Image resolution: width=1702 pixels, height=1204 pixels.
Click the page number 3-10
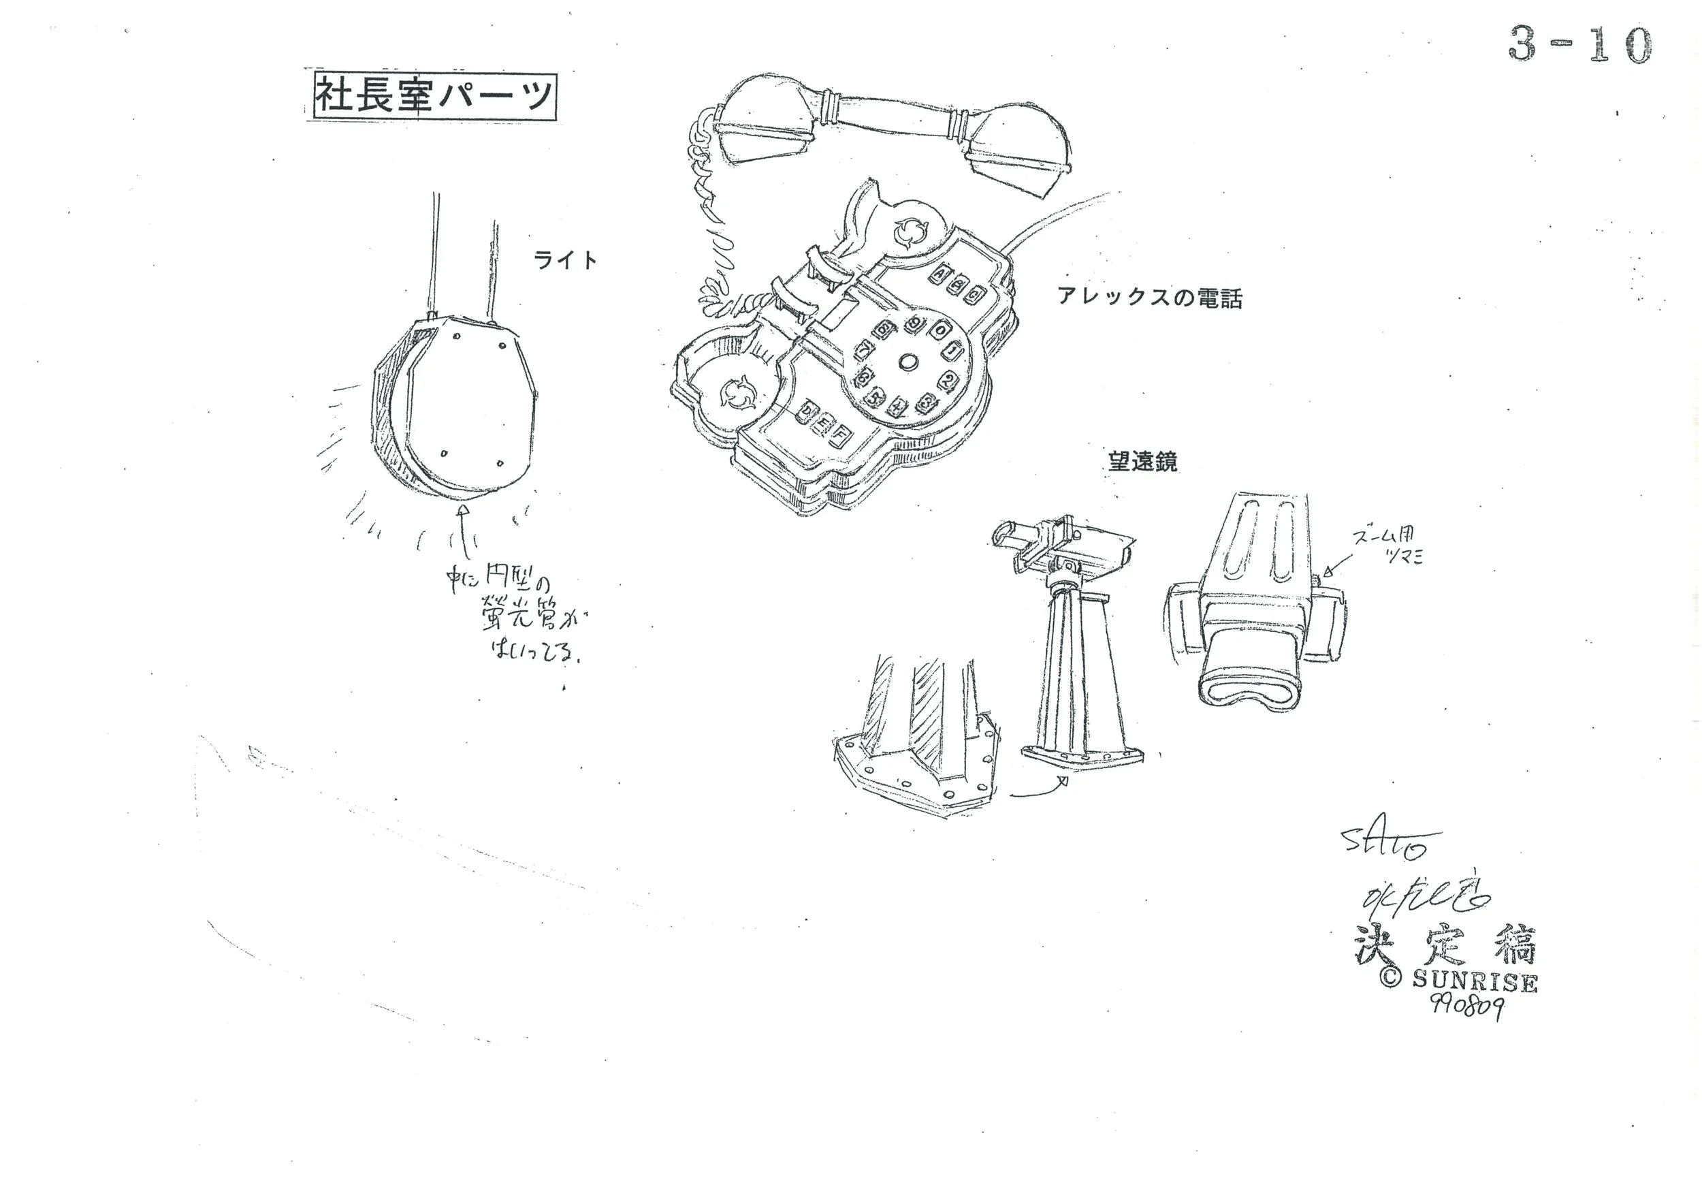1579,45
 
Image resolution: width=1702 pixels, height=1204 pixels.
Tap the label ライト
565,260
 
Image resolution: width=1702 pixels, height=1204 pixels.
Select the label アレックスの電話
1149,298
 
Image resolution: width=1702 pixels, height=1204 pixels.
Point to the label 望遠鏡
1142,462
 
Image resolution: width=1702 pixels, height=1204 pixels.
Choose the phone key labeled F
838,438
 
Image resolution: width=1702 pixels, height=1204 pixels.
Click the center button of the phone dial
908,362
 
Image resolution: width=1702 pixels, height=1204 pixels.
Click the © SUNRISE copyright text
1458,980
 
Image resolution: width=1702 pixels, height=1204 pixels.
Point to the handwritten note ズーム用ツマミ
1388,547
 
